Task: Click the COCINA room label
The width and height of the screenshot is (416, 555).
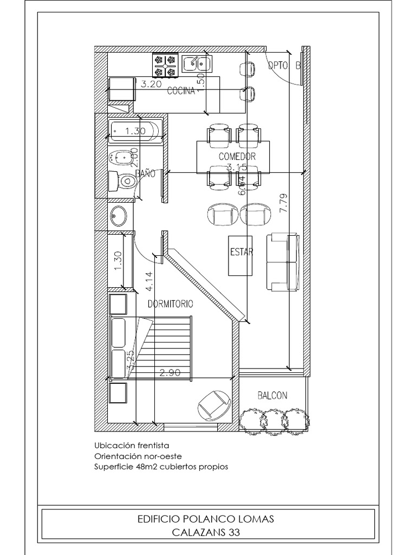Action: coord(181,91)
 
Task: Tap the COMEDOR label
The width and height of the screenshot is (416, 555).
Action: coord(237,156)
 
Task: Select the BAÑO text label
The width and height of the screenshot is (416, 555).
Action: coord(145,174)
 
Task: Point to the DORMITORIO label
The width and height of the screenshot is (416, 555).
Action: coord(170,305)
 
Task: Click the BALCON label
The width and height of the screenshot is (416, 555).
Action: coord(272,396)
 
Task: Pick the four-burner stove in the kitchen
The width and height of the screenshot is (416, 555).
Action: coord(165,65)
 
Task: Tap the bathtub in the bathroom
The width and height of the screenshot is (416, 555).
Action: coord(135,131)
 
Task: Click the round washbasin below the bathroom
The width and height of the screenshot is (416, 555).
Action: coord(119,216)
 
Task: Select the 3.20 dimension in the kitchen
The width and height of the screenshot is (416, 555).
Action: coord(152,85)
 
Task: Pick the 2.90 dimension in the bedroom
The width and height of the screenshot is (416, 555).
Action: coord(170,373)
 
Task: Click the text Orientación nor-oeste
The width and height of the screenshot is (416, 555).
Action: coord(138,456)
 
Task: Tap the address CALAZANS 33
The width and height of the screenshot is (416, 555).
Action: coord(206,532)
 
